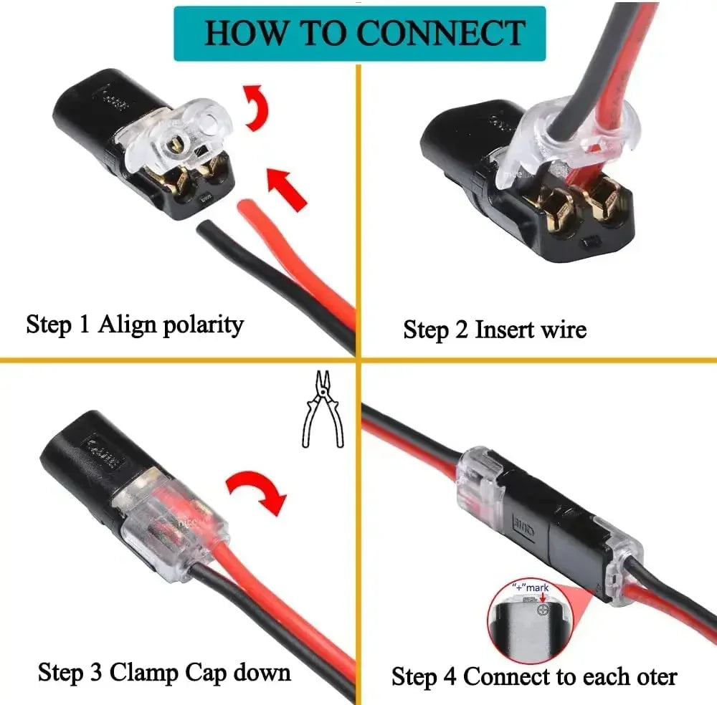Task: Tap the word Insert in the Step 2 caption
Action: pyautogui.click(x=505, y=330)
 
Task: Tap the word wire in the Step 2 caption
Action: pyautogui.click(x=564, y=330)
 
